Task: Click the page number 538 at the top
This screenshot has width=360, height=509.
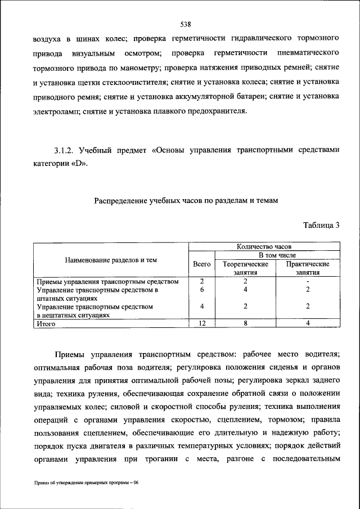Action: coord(186,24)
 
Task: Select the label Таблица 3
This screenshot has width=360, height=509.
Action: coord(321,226)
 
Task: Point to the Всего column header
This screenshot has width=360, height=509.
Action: coord(201,264)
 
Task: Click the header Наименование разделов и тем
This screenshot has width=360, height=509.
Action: coord(111,260)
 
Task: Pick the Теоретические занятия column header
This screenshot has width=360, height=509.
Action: coord(245,268)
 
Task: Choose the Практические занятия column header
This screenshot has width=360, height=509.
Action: coord(307,268)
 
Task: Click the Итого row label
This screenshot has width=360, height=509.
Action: coord(46,324)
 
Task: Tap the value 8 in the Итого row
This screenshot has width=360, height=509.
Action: coord(245,324)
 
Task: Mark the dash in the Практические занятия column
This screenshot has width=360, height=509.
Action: coord(307,281)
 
